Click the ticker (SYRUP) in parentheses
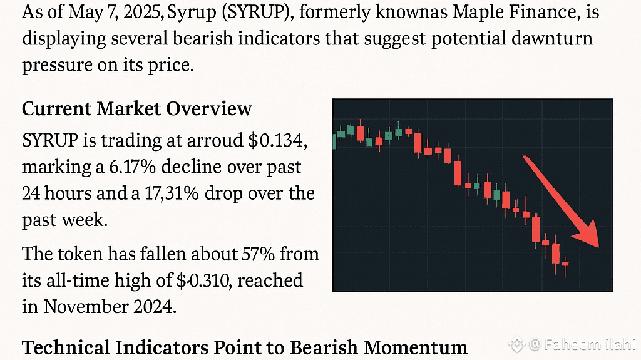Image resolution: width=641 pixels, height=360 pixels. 210,13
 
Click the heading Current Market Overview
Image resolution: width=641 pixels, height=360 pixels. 136,108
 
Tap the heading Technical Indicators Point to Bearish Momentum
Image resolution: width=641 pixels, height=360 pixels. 245,346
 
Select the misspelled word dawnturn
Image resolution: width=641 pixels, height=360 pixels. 551,39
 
